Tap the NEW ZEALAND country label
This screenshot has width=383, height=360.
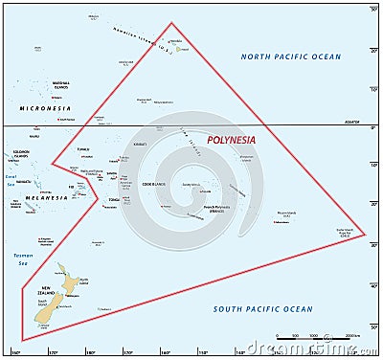48,288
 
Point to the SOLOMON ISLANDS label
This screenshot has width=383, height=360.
19,153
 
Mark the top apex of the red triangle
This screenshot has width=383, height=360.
171,23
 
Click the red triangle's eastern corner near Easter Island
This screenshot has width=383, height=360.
365,233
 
